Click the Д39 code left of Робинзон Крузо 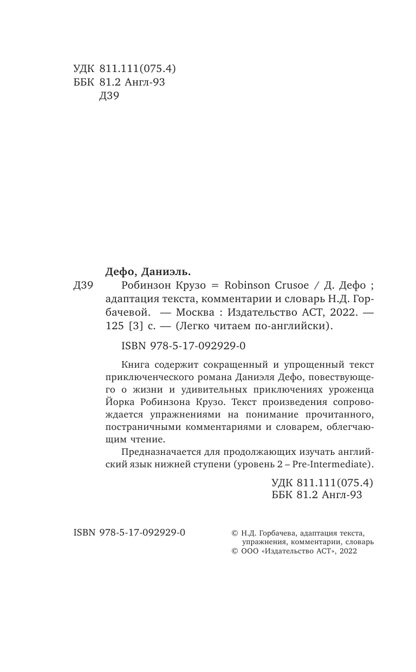click(x=84, y=286)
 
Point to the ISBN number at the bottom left click(x=129, y=533)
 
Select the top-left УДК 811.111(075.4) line click(x=125, y=69)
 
